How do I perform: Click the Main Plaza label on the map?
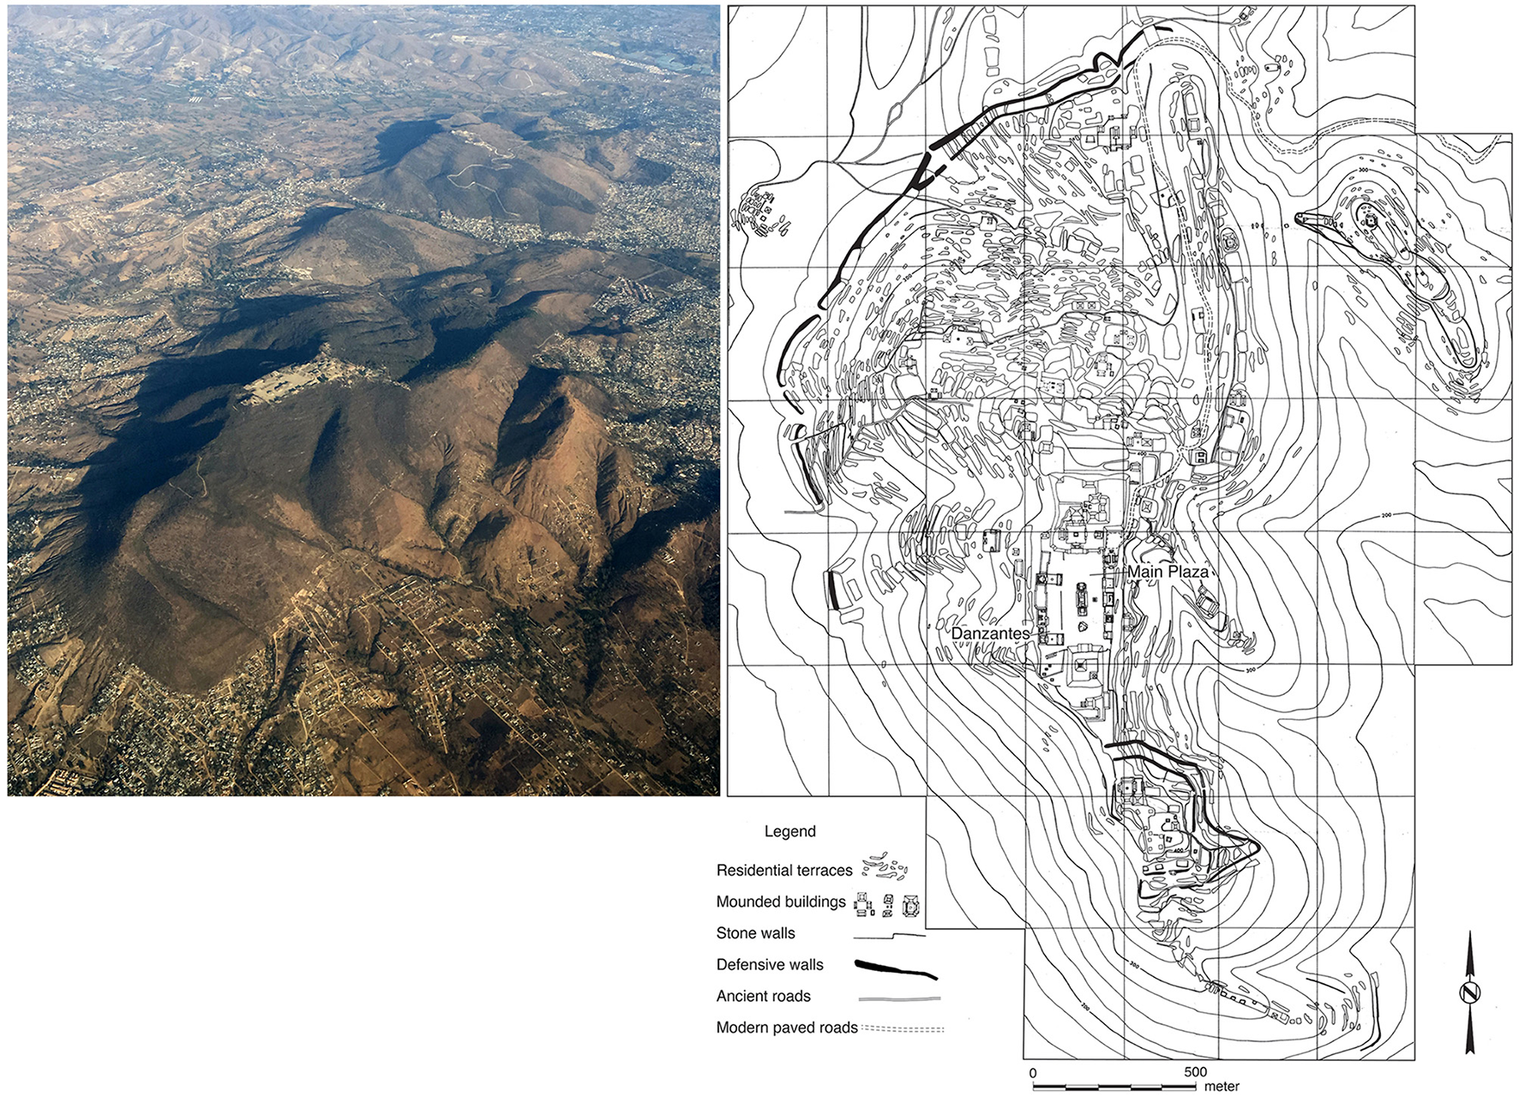coord(1168,572)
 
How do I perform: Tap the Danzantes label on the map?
coord(990,632)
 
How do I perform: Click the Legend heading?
coord(790,831)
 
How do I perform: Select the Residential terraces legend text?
coord(784,870)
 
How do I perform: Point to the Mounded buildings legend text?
coord(781,902)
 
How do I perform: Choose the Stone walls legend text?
coord(755,933)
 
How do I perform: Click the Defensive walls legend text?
coord(770,964)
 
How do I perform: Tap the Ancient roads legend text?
coord(763,996)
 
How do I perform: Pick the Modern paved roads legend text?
coord(787,1028)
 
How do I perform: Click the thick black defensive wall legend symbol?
coord(896,968)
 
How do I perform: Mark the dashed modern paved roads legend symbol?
coord(903,1028)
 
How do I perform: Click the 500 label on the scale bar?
coord(1195,1072)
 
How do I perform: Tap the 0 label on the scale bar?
coord(1033,1072)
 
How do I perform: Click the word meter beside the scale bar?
coord(1222,1087)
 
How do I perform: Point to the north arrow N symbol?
coord(1471,993)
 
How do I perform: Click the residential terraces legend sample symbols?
coord(885,868)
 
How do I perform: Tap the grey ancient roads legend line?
coord(899,998)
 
